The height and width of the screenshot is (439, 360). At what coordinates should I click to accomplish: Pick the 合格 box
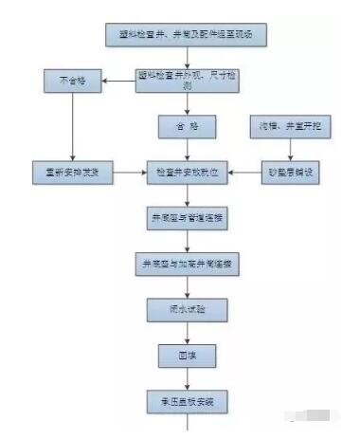point(187,126)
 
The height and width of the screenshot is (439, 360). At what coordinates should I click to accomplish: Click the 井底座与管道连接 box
point(187,218)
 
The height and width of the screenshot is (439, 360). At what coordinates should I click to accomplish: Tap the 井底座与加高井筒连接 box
point(187,264)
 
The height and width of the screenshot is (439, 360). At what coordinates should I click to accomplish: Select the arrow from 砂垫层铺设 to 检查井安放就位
point(246,173)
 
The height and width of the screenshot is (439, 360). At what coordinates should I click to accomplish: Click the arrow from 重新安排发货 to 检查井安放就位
point(130,173)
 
